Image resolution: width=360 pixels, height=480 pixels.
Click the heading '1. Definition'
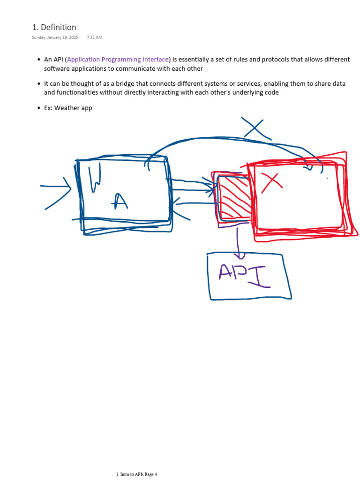54,27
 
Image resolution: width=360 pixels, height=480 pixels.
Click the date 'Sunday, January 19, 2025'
55,37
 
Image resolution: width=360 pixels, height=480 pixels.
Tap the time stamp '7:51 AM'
95,37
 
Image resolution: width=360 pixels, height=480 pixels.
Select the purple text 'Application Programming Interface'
118,60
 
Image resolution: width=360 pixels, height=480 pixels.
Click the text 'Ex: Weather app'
68,108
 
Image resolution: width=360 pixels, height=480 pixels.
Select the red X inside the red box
272,182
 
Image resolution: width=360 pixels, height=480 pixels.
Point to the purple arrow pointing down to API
239,241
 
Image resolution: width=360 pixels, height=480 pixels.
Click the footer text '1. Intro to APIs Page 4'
136,474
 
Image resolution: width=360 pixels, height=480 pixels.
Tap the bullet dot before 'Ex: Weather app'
38,108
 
